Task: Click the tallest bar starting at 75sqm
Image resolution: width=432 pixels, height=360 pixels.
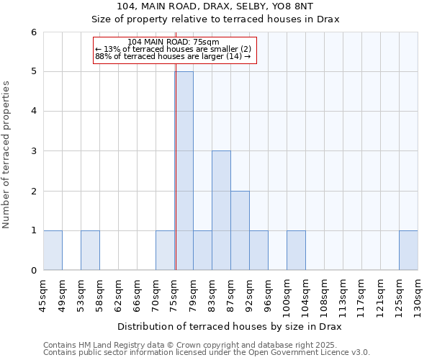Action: tap(184, 171)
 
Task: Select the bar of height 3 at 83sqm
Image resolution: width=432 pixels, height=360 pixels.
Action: tap(221, 210)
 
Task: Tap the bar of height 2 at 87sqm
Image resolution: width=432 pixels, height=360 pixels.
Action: tap(240, 230)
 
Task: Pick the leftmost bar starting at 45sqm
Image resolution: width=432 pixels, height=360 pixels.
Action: tap(53, 250)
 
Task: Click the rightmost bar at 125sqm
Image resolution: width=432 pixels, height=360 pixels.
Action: tap(408, 250)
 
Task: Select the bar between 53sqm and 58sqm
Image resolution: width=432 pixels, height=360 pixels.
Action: tap(90, 250)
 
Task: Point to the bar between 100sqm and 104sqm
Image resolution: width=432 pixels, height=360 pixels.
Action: tap(296, 250)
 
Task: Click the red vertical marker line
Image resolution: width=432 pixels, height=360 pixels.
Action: tap(175, 180)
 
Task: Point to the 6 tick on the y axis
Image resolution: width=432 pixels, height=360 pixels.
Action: tap(34, 32)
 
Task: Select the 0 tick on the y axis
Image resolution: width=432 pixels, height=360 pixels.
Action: tap(34, 271)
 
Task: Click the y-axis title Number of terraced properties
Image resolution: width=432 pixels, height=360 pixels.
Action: tap(7, 155)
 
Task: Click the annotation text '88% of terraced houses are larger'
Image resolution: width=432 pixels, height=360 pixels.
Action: tap(173, 56)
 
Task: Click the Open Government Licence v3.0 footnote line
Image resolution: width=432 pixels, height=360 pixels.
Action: tap(207, 353)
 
